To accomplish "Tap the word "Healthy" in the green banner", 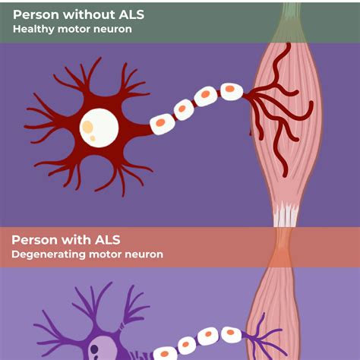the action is point(33,29).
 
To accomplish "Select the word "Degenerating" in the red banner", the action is point(49,254).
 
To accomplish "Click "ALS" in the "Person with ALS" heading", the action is point(108,240).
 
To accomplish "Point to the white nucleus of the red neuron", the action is point(99,128).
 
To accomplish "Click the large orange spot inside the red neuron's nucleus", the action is point(87,126).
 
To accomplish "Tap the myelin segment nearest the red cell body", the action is point(163,123).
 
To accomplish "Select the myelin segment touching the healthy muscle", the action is point(232,91).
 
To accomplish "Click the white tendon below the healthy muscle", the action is point(286,214).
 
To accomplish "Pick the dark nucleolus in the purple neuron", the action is point(94,349).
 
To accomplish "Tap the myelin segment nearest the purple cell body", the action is point(166,353).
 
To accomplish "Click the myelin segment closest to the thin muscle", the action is point(232,335).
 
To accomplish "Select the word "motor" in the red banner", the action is point(105,254).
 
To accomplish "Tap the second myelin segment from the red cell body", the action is point(185,109).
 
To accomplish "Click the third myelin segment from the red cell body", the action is point(206,96).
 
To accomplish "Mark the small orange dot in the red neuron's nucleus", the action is point(93,138).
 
